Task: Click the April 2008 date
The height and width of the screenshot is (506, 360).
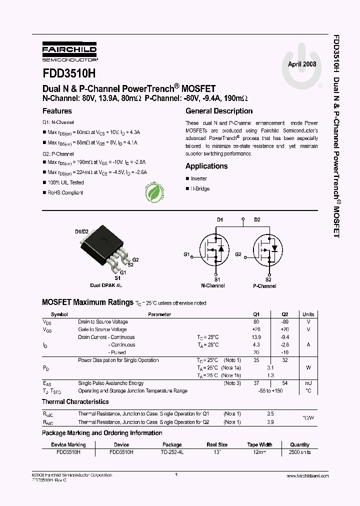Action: pos(302,64)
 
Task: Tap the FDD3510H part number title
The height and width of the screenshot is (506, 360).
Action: pos(68,73)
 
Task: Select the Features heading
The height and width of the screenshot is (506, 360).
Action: pos(57,111)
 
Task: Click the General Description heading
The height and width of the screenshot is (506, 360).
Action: pos(219,111)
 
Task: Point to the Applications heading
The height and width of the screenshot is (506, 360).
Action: pos(206,166)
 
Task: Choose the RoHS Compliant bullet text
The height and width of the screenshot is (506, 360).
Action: pos(65,192)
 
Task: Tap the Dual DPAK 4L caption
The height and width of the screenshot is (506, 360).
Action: pos(106,285)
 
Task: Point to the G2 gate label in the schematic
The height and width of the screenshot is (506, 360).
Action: pos(238,254)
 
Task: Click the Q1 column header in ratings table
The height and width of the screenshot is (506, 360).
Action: pos(257,314)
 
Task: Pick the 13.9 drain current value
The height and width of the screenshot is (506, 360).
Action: pos(256,337)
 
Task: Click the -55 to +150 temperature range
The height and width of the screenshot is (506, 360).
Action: pos(270,390)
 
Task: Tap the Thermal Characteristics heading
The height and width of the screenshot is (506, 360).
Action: pos(75,401)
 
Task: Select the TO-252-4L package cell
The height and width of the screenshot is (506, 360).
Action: pos(171,451)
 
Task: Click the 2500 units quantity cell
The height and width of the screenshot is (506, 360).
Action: pos(299,451)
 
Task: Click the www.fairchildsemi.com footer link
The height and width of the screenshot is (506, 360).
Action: pos(307,476)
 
